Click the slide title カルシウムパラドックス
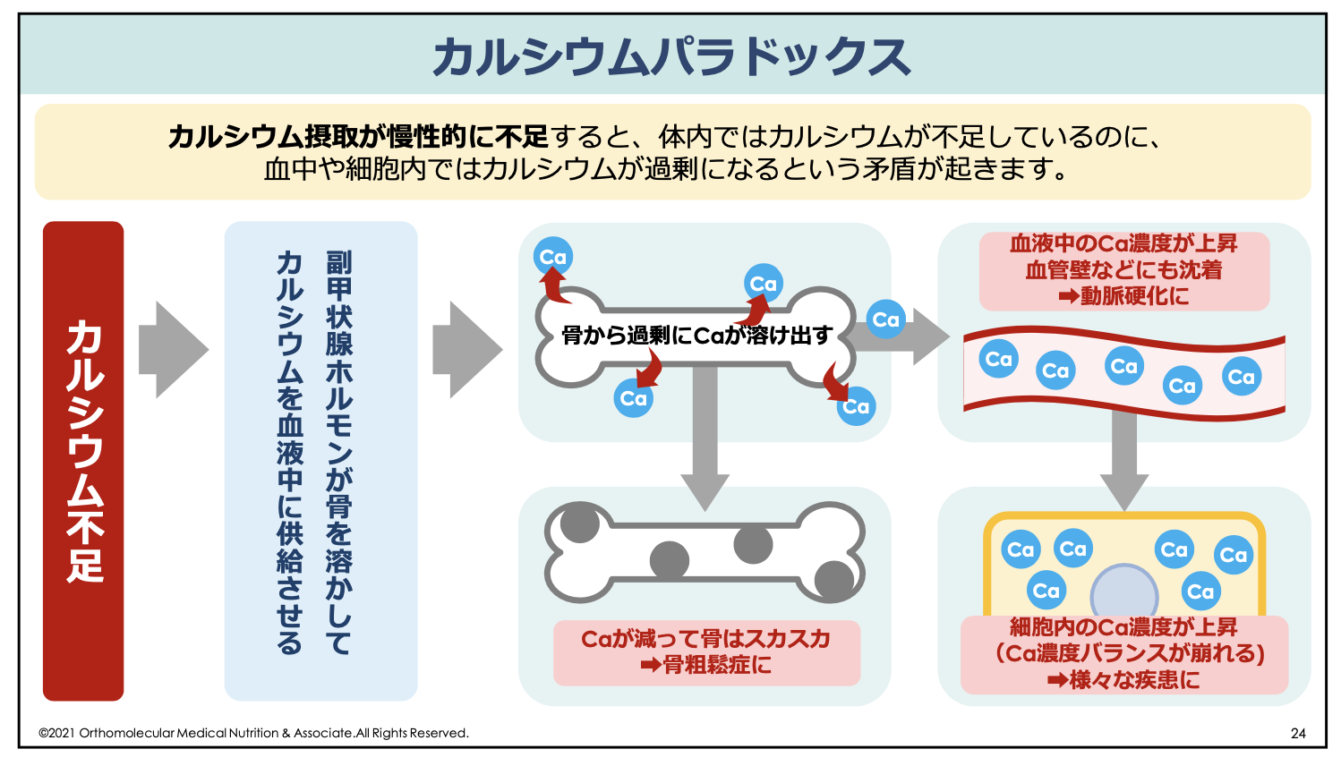tap(670, 56)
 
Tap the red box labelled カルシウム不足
tap(83, 460)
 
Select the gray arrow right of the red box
tap(172, 349)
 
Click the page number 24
tap(1297, 733)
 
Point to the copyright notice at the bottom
tap(253, 733)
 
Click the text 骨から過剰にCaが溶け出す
tap(696, 336)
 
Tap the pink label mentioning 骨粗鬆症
tap(706, 652)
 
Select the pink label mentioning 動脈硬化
tap(1123, 270)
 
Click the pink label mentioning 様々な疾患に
tap(1123, 654)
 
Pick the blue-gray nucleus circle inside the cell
tap(1123, 591)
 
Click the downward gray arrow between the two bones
tap(705, 438)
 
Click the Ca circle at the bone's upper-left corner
tap(553, 258)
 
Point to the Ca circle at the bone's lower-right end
tap(856, 406)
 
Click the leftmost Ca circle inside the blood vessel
tap(998, 359)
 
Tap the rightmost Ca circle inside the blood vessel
tap(1241, 377)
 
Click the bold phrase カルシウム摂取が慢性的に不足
tap(357, 137)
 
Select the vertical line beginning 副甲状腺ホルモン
tap(339, 452)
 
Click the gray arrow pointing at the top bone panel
tap(466, 349)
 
